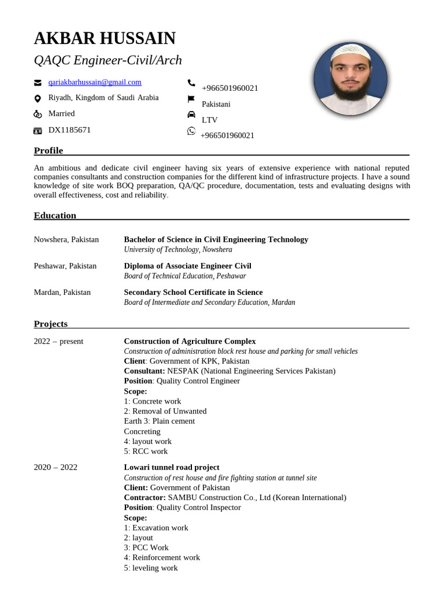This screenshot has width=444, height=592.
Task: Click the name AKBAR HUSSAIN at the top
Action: point(105,39)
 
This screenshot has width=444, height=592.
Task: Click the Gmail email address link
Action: point(95,83)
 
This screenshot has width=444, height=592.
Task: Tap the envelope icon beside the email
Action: point(38,83)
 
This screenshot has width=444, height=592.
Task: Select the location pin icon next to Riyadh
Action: point(38,98)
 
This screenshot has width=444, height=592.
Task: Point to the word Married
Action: point(61,114)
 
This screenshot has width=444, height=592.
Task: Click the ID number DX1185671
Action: point(69,130)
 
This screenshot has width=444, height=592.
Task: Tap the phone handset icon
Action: point(191,83)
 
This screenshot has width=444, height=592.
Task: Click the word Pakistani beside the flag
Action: point(216,104)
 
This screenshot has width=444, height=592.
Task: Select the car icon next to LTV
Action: point(191,115)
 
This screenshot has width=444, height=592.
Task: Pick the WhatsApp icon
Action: point(191,131)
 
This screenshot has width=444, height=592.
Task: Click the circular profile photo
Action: point(350,79)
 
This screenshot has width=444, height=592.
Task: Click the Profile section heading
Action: point(49,151)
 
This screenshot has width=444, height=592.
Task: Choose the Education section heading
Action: point(55,216)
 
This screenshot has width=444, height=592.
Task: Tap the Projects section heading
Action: point(51,324)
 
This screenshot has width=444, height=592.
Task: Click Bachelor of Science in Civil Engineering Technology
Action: point(216,239)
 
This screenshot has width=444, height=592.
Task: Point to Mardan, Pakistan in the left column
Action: point(62,292)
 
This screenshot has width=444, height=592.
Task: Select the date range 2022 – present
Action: point(58,341)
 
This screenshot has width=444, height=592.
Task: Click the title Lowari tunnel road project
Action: point(172,467)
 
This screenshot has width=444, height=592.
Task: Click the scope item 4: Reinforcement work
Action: point(162,558)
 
